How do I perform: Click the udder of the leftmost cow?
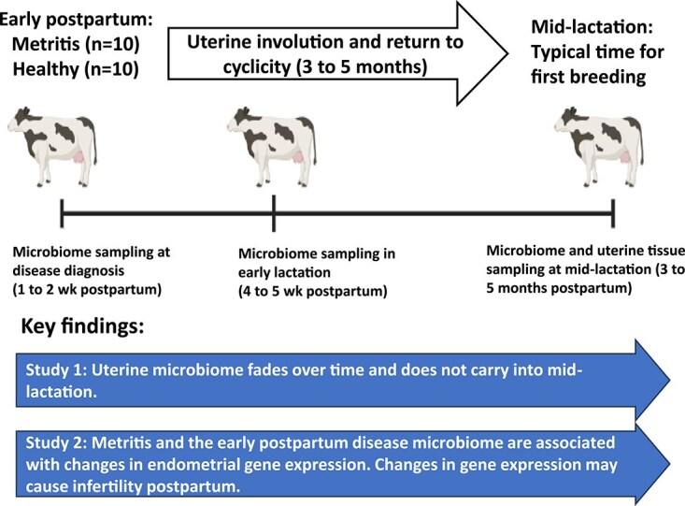[78, 156]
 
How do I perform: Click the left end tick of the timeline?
[62, 213]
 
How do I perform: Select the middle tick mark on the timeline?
[274, 213]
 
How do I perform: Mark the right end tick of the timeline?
[613, 213]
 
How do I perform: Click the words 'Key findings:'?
[82, 326]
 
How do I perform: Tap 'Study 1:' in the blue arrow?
[55, 370]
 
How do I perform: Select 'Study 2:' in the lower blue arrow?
[55, 443]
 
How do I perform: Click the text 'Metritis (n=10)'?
[76, 44]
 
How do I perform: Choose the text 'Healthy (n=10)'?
[76, 69]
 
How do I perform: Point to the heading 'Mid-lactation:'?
[592, 27]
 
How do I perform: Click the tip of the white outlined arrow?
[507, 54]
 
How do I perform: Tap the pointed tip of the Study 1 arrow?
[669, 380]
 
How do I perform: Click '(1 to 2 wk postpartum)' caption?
[87, 290]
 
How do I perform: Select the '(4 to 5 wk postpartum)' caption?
[313, 291]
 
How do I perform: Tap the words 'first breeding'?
[589, 77]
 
